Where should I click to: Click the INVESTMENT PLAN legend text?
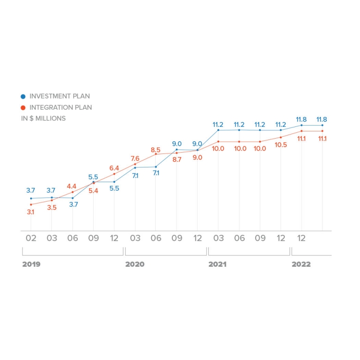coord(59,96)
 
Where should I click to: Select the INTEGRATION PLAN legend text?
coord(61,108)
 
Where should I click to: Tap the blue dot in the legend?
coord(23,96)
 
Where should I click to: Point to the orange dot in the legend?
coord(23,108)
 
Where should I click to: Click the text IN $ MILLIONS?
coord(43,118)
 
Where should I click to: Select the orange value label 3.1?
coord(31,211)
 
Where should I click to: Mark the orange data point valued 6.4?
coord(114,174)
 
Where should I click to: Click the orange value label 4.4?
coord(72,186)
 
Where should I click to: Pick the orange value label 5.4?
coord(94,191)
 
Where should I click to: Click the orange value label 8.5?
coord(156,149)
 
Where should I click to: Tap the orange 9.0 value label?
coord(197,157)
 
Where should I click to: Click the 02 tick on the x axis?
coord(31,238)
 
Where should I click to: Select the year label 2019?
coord(31,265)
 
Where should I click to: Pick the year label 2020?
coord(135,265)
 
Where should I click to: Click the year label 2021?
coord(218,265)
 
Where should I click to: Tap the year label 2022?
coord(301,265)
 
